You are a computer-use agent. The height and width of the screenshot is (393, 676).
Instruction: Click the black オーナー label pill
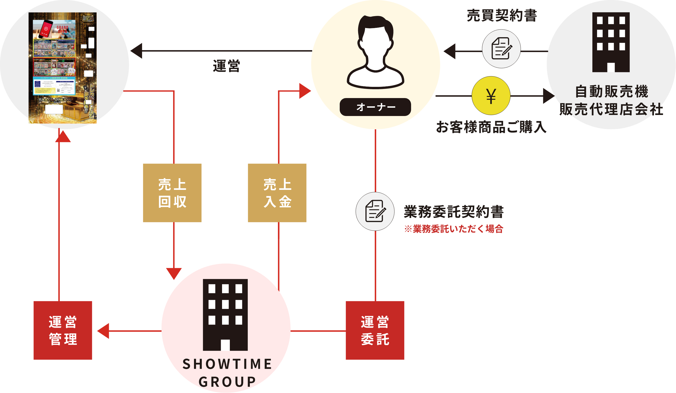375,107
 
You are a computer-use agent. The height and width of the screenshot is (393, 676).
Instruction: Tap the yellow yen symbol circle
491,96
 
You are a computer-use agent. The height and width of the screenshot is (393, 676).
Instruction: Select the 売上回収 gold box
172,193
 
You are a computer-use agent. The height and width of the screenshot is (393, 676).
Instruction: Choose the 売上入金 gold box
277,193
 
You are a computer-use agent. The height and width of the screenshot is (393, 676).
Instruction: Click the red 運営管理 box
63,330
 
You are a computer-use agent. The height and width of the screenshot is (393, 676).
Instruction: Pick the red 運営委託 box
375,330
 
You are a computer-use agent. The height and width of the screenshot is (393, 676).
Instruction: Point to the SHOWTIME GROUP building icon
225,314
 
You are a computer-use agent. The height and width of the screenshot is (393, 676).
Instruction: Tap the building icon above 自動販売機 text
611,42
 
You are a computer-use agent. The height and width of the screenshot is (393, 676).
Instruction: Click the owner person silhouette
375,52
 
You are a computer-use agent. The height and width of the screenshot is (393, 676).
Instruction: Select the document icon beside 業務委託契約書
375,211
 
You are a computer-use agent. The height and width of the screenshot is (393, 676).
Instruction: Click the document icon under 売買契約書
501,49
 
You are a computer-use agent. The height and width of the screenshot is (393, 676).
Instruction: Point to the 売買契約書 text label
502,15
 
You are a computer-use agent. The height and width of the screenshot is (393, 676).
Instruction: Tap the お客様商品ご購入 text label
491,127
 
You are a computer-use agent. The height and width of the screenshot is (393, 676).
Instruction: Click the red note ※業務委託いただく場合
454,229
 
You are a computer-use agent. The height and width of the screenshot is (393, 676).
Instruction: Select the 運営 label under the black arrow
226,66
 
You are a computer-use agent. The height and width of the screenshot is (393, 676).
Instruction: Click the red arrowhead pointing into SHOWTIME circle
174,273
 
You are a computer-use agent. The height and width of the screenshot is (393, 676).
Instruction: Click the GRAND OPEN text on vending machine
63,29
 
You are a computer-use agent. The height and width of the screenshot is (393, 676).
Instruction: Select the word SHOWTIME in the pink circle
227,364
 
